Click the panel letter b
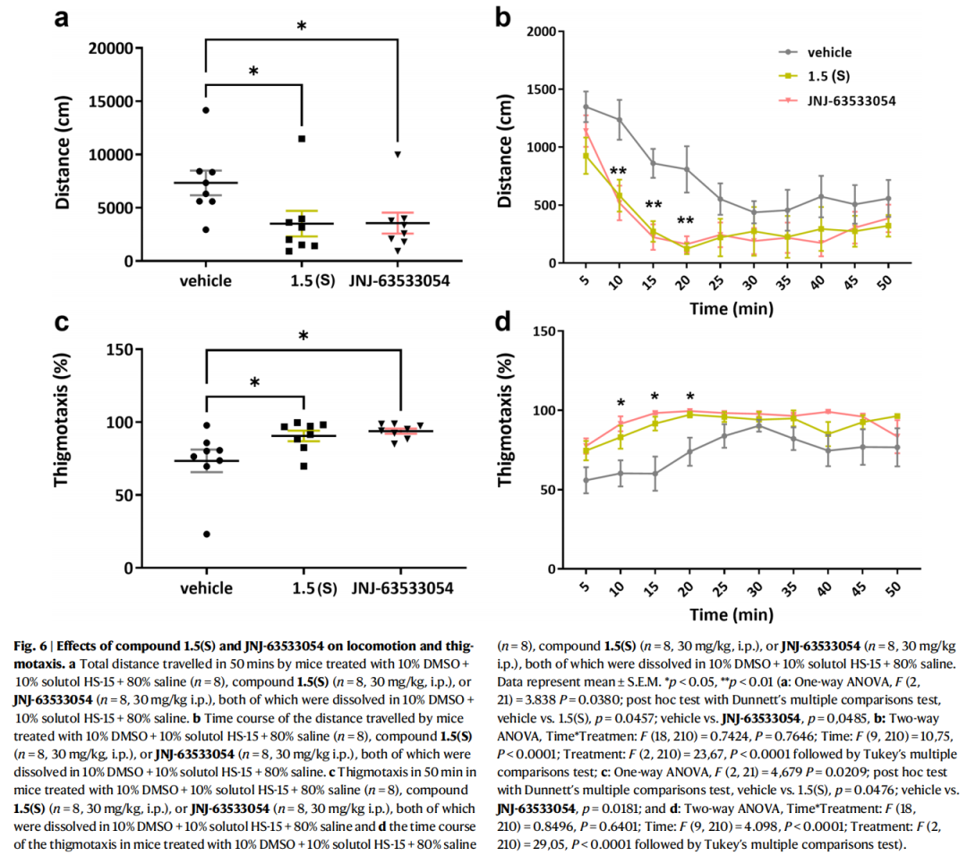coord(504,17)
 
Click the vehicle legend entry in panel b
coord(829,52)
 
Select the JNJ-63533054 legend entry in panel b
coord(851,100)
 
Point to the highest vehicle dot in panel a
coord(205,110)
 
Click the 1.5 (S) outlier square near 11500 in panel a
coord(302,139)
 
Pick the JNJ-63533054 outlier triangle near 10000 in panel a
coord(398,154)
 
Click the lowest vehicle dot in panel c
coord(206,535)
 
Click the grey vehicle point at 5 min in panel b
coord(586,107)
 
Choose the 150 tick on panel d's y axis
coord(544,330)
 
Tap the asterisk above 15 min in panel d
coord(655,397)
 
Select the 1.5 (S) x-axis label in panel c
coord(304,588)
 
